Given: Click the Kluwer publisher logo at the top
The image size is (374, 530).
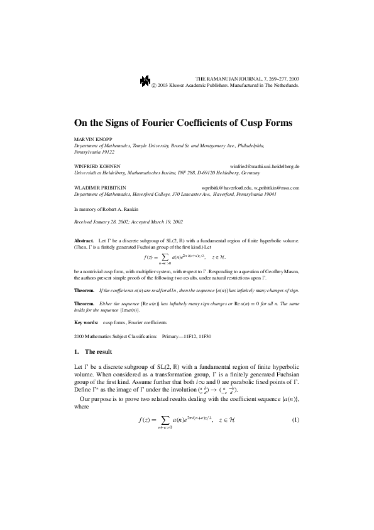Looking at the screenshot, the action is coord(145,80).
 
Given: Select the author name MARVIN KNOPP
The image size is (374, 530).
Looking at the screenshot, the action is coord(92,139).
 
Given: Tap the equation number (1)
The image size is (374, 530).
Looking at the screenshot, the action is coord(295,418).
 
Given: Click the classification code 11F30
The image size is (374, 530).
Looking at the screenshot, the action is coord(204,336).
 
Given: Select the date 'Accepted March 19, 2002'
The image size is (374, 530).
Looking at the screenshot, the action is coord(152,222).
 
